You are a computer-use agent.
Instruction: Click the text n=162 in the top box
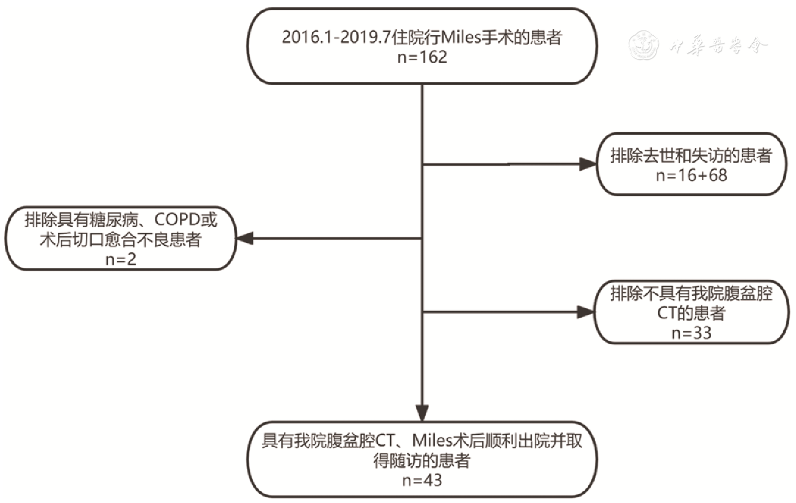point(422,57)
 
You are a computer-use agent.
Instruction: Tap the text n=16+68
point(691,175)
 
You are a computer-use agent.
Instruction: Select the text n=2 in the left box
point(121,259)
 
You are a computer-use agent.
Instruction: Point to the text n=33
point(691,333)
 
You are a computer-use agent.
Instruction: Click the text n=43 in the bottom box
point(422,480)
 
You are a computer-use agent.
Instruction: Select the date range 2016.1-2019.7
point(336,38)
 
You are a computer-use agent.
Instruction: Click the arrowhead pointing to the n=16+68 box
point(587,164)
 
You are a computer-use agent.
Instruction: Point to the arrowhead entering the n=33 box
point(585,312)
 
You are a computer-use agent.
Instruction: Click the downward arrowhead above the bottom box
point(422,412)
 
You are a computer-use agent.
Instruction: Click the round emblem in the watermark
point(644,45)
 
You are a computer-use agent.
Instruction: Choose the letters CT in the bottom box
point(385,440)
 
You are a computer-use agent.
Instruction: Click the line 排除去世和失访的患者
point(691,156)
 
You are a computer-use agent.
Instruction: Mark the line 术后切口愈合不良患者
point(121,240)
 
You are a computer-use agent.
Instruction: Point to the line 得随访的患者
point(422,460)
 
